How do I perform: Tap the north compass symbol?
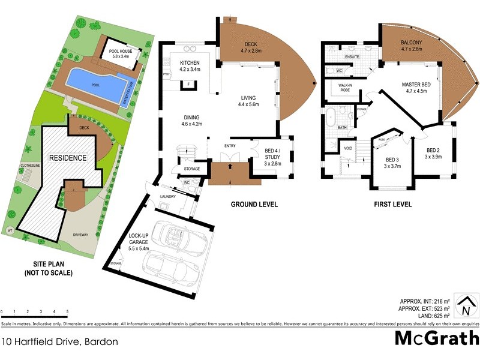[465, 305]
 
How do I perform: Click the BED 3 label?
[389, 163]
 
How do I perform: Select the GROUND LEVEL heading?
[254, 205]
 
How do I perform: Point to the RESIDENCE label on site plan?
[68, 158]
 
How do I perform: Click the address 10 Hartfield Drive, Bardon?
[59, 341]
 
